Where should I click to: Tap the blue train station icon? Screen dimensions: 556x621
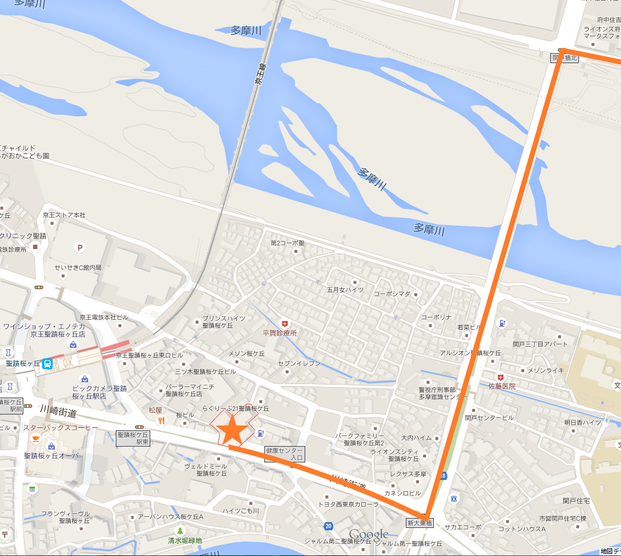click(47, 364)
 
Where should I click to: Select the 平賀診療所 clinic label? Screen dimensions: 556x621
click(280, 333)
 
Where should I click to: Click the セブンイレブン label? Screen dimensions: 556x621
click(299, 363)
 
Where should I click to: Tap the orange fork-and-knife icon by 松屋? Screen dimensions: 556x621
click(161, 420)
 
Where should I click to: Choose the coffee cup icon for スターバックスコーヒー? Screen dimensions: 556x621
click(36, 438)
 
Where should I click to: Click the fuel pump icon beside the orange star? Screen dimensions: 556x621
click(260, 433)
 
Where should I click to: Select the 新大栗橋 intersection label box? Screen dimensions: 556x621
click(420, 523)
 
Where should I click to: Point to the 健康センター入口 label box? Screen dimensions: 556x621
click(285, 454)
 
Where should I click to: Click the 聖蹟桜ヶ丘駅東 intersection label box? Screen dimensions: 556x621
click(133, 438)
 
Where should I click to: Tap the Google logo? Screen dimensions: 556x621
click(368, 534)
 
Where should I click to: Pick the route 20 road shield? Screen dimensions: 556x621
click(329, 526)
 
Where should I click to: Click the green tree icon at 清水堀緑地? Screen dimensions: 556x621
click(180, 530)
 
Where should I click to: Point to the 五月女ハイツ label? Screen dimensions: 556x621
click(345, 289)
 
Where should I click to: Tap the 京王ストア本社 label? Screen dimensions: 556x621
click(64, 215)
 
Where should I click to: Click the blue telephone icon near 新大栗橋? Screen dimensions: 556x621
click(453, 498)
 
